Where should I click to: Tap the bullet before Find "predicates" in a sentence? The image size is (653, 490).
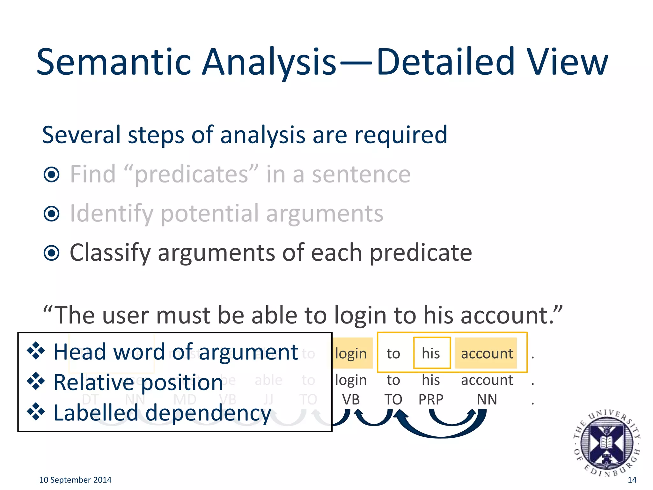pyautogui.click(x=52, y=174)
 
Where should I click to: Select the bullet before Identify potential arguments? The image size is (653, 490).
pyautogui.click(x=52, y=214)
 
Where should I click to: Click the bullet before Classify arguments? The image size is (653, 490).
pyautogui.click(x=52, y=253)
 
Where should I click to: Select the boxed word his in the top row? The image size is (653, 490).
pyautogui.click(x=431, y=353)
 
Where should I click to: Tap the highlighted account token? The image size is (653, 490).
pyautogui.click(x=487, y=353)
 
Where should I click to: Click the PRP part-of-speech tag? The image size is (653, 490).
pyautogui.click(x=431, y=399)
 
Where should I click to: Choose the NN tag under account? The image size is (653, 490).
pyautogui.click(x=487, y=399)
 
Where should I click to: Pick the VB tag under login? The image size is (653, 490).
pyautogui.click(x=351, y=399)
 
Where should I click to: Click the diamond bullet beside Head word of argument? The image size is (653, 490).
pyautogui.click(x=36, y=351)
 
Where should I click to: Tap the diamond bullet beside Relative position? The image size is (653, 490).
pyautogui.click(x=36, y=381)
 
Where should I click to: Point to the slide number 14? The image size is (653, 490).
pyautogui.click(x=632, y=480)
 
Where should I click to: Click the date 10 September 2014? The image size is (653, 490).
pyautogui.click(x=75, y=480)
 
